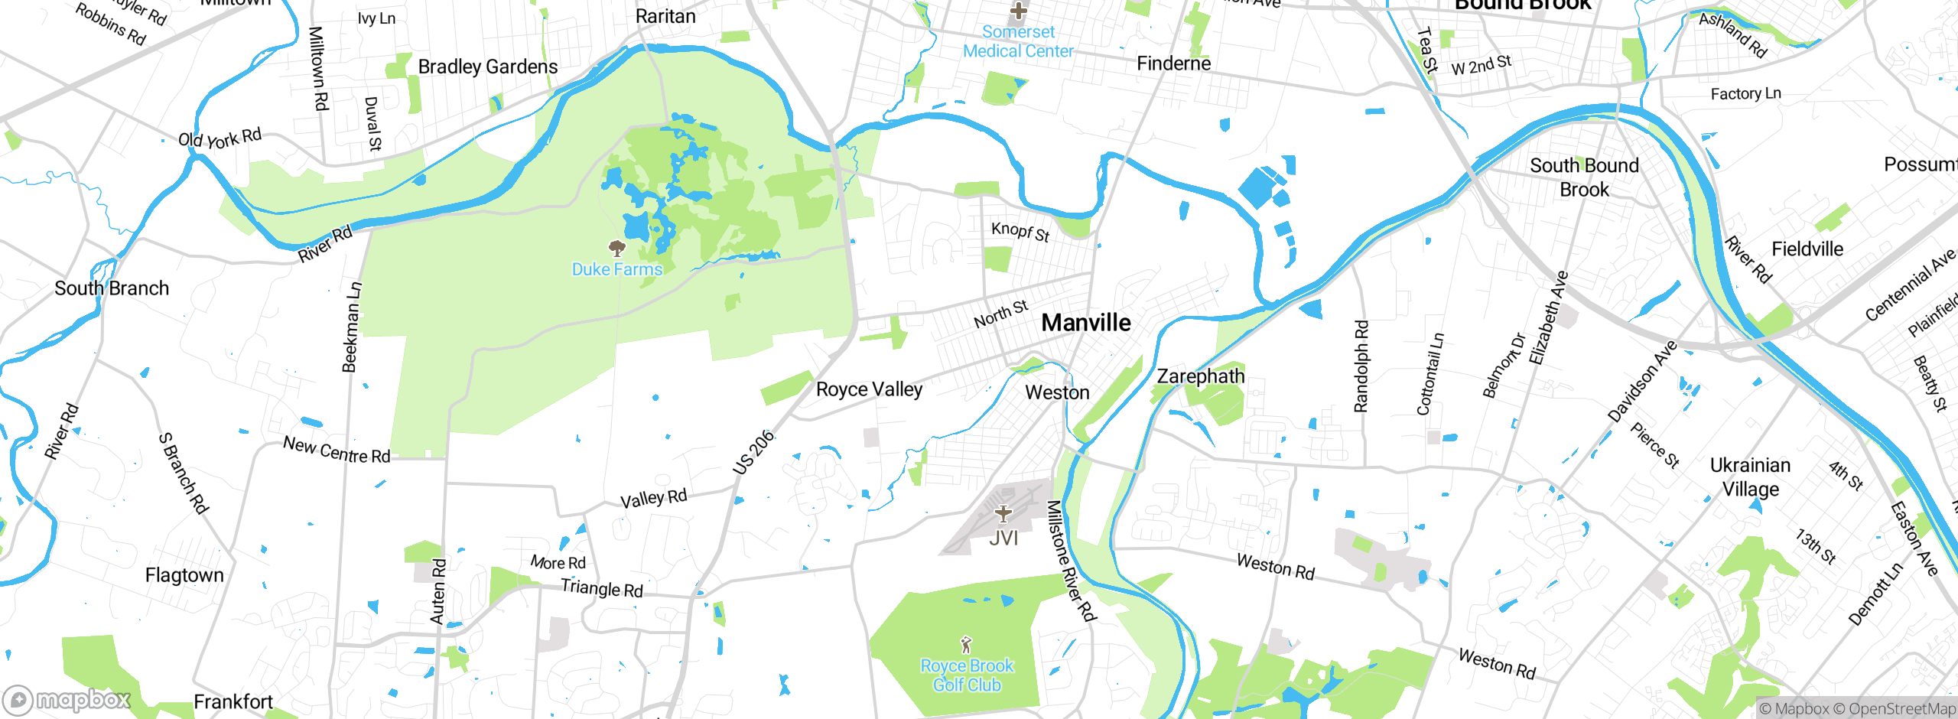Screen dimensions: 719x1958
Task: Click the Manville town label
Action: click(1086, 323)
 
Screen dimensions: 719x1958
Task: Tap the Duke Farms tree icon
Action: click(616, 248)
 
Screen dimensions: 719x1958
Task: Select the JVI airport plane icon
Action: click(1003, 513)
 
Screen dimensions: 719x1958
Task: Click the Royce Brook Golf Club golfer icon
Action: click(966, 644)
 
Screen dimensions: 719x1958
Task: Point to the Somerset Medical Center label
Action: click(1018, 41)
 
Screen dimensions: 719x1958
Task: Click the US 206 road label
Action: click(753, 453)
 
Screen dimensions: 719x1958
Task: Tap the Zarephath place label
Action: click(1200, 376)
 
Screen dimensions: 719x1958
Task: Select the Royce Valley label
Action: click(869, 389)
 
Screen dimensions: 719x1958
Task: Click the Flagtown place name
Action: click(184, 575)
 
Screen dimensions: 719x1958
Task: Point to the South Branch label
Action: click(112, 288)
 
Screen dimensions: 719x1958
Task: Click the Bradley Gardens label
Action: click(488, 67)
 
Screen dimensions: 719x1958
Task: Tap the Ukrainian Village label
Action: click(1750, 477)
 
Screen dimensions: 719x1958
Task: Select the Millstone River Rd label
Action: click(1071, 560)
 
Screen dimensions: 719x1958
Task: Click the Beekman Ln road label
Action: click(351, 327)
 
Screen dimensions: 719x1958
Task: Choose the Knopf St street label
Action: click(1020, 231)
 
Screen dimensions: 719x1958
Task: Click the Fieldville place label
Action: click(1807, 249)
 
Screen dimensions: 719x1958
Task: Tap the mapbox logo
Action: click(67, 699)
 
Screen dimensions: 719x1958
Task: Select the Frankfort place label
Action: click(233, 701)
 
